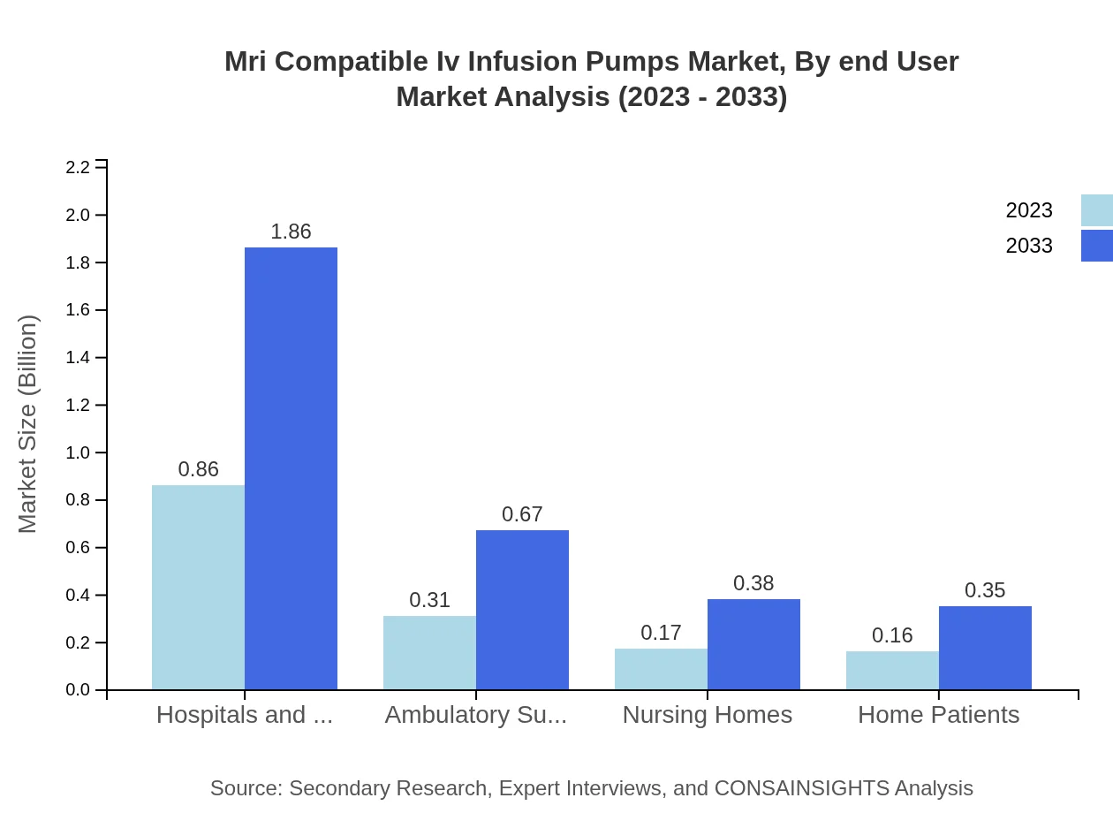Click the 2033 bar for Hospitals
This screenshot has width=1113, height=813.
[291, 468]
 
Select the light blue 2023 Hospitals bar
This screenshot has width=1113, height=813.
[198, 587]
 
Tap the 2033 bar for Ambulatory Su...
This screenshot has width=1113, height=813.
[522, 610]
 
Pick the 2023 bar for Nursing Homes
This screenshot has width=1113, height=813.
[661, 669]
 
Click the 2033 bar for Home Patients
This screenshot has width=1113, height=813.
[985, 648]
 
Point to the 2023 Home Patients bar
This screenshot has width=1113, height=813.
[892, 671]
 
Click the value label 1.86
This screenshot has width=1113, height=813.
[291, 232]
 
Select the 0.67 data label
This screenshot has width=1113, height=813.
[522, 514]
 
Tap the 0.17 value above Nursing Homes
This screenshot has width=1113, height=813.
[661, 633]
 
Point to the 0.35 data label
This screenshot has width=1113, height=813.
[985, 590]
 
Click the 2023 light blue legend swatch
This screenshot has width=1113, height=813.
[1096, 210]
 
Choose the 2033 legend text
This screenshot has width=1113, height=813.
[1029, 246]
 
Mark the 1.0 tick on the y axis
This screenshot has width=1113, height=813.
[79, 452]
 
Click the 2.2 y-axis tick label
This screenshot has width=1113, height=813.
[79, 167]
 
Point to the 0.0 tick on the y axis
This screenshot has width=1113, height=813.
[79, 690]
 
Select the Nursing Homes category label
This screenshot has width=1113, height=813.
[707, 715]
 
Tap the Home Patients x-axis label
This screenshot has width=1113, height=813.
[938, 715]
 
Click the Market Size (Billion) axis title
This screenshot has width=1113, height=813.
[28, 424]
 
